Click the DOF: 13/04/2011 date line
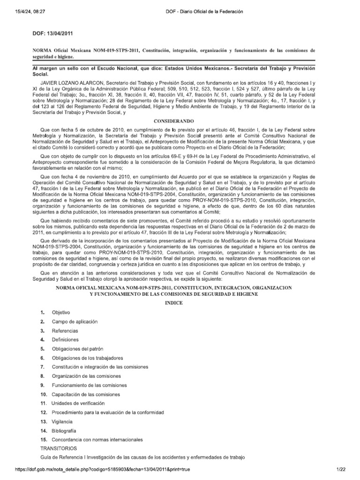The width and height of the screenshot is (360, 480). pos(52,34)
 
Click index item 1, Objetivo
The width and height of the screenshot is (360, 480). pos(61,312)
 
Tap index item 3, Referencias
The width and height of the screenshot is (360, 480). pos(65,330)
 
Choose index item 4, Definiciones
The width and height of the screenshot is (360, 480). pos(66,339)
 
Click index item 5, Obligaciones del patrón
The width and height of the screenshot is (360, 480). pos(77,349)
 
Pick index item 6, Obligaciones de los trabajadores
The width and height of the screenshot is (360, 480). pos(87,358)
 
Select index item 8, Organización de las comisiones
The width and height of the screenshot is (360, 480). pos(86,376)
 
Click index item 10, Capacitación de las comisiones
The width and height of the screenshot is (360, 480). pos(86,394)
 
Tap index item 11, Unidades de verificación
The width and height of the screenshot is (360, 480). pos(78,403)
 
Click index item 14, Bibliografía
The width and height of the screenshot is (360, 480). pos(64,430)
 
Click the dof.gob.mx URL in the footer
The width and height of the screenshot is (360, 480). pos(96,469)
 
